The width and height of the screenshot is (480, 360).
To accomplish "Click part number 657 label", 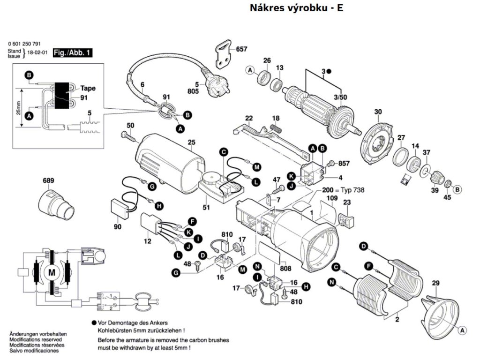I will pos(241,49).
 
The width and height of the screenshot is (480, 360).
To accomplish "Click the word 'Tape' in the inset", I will pos(88,88).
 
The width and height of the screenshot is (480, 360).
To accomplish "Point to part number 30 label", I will pos(378,112).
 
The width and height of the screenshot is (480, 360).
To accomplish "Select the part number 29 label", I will pos(435,283).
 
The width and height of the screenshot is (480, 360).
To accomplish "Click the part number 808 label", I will pos(285,269).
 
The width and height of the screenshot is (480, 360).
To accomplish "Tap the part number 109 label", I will pos(332,199).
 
